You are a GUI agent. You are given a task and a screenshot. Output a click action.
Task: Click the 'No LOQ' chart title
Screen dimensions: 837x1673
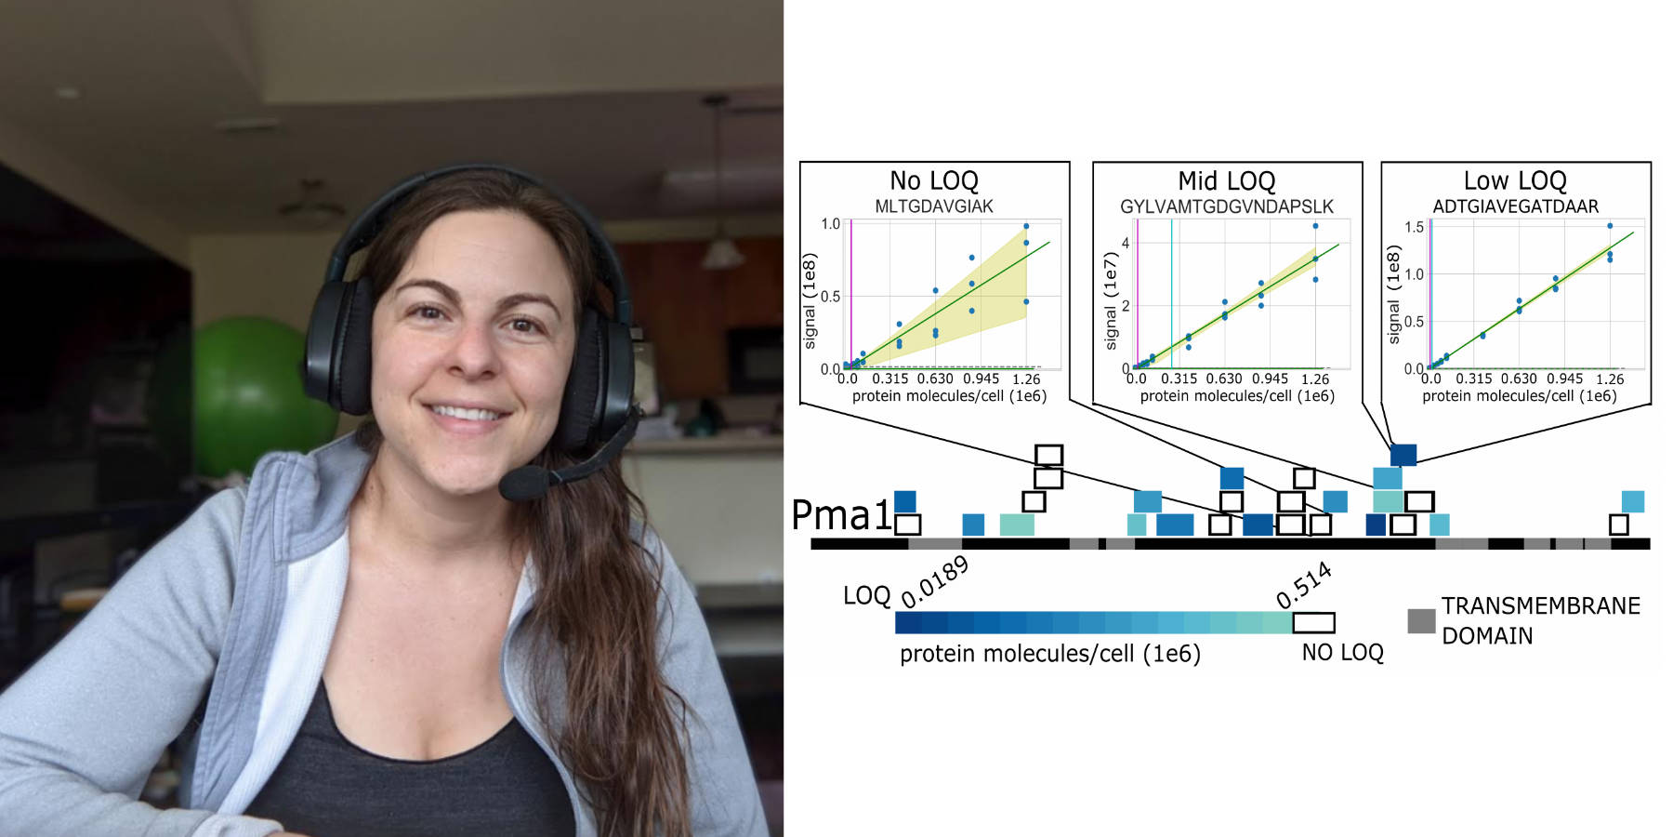pyautogui.click(x=934, y=180)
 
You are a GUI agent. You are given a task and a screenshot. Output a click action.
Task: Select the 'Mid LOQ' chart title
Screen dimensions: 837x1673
pyautogui.click(x=1226, y=180)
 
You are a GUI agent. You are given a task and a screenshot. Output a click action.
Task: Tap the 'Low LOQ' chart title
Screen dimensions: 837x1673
pyautogui.click(x=1515, y=180)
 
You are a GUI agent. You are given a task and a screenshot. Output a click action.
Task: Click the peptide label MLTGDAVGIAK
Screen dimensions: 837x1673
pyautogui.click(x=934, y=206)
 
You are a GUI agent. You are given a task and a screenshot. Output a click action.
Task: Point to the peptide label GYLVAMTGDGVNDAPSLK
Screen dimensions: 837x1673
pyautogui.click(x=1226, y=206)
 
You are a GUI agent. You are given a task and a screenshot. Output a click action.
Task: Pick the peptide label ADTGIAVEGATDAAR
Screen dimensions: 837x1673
pyautogui.click(x=1515, y=206)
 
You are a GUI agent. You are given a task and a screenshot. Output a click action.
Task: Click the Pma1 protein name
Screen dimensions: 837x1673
pyautogui.click(x=841, y=515)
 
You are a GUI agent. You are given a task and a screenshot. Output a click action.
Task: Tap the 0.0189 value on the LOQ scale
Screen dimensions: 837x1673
pyautogui.click(x=935, y=581)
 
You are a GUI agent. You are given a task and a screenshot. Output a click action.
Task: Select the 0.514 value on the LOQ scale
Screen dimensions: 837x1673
pyautogui.click(x=1304, y=585)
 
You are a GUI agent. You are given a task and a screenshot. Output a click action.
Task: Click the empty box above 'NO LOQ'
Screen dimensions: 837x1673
pyautogui.click(x=1313, y=622)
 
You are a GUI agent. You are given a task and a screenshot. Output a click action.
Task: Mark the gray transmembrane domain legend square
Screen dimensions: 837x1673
pyautogui.click(x=1421, y=621)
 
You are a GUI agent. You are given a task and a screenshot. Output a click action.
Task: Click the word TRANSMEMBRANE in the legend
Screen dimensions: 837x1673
pyautogui.click(x=1540, y=606)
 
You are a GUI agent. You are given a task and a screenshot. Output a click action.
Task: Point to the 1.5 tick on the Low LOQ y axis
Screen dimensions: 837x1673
pyautogui.click(x=1414, y=227)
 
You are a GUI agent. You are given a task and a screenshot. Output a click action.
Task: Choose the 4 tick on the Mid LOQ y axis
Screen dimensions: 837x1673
pyautogui.click(x=1126, y=243)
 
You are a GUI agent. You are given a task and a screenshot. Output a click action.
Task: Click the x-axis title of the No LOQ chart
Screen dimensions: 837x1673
pyautogui.click(x=949, y=396)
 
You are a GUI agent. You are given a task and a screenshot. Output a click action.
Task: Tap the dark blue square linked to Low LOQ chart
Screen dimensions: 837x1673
pyautogui.click(x=1403, y=455)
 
